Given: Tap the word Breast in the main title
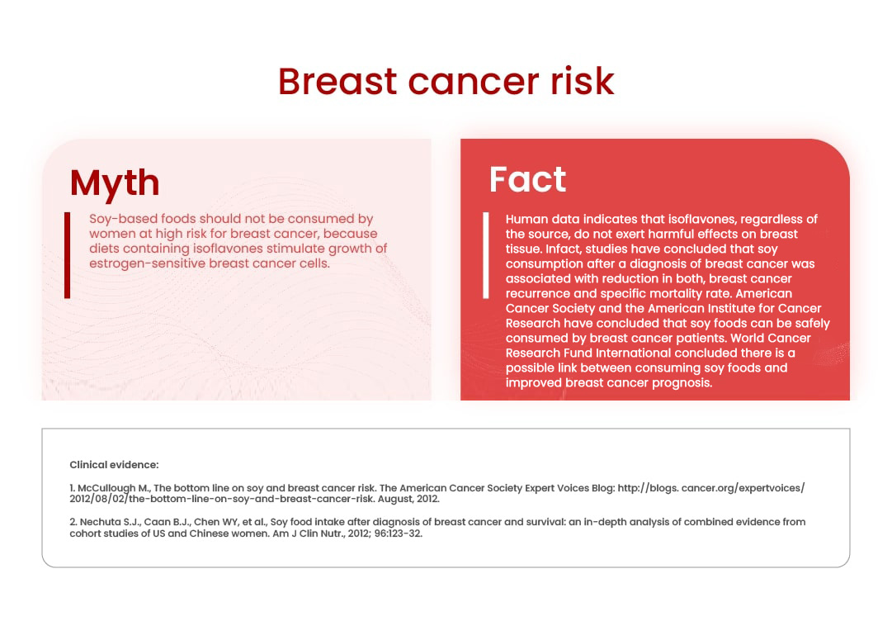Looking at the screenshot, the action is pos(337,81).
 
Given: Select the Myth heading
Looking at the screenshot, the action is pos(115,183).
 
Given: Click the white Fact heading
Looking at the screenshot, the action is pos(527,179).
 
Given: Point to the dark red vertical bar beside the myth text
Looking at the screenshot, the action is pos(67,255).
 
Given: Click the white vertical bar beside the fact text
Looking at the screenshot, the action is pos(486,255).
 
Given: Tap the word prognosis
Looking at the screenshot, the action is pos(682,383).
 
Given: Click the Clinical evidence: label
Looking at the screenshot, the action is pos(115,465).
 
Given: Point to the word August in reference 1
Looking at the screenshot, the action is pos(395,500).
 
